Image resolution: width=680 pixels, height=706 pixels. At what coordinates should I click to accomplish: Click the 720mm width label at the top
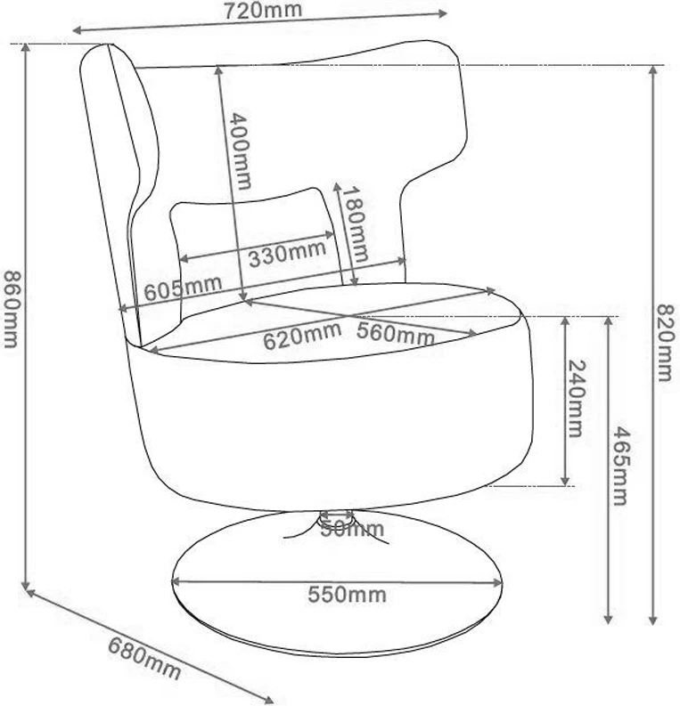(x=263, y=11)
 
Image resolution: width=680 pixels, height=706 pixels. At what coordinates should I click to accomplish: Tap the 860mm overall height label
(x=12, y=309)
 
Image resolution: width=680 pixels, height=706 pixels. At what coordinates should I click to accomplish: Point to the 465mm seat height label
(x=620, y=467)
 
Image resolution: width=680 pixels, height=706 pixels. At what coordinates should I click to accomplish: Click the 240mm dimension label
(x=575, y=398)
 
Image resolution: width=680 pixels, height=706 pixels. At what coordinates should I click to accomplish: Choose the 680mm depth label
(x=144, y=658)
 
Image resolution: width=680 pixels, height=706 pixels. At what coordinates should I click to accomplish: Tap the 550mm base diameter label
(x=347, y=595)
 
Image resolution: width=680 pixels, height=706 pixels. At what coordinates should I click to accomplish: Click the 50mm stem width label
(x=352, y=530)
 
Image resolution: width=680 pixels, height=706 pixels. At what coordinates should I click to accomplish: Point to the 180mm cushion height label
(x=355, y=223)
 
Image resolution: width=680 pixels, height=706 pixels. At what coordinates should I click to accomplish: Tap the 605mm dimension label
(x=183, y=288)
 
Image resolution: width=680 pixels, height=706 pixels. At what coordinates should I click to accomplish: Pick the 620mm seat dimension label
(x=302, y=336)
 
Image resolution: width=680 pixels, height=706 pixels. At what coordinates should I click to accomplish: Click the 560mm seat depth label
(x=395, y=333)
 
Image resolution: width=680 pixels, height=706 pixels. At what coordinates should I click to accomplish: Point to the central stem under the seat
(x=336, y=520)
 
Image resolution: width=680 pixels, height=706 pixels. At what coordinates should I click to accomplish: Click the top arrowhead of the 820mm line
(x=653, y=71)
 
